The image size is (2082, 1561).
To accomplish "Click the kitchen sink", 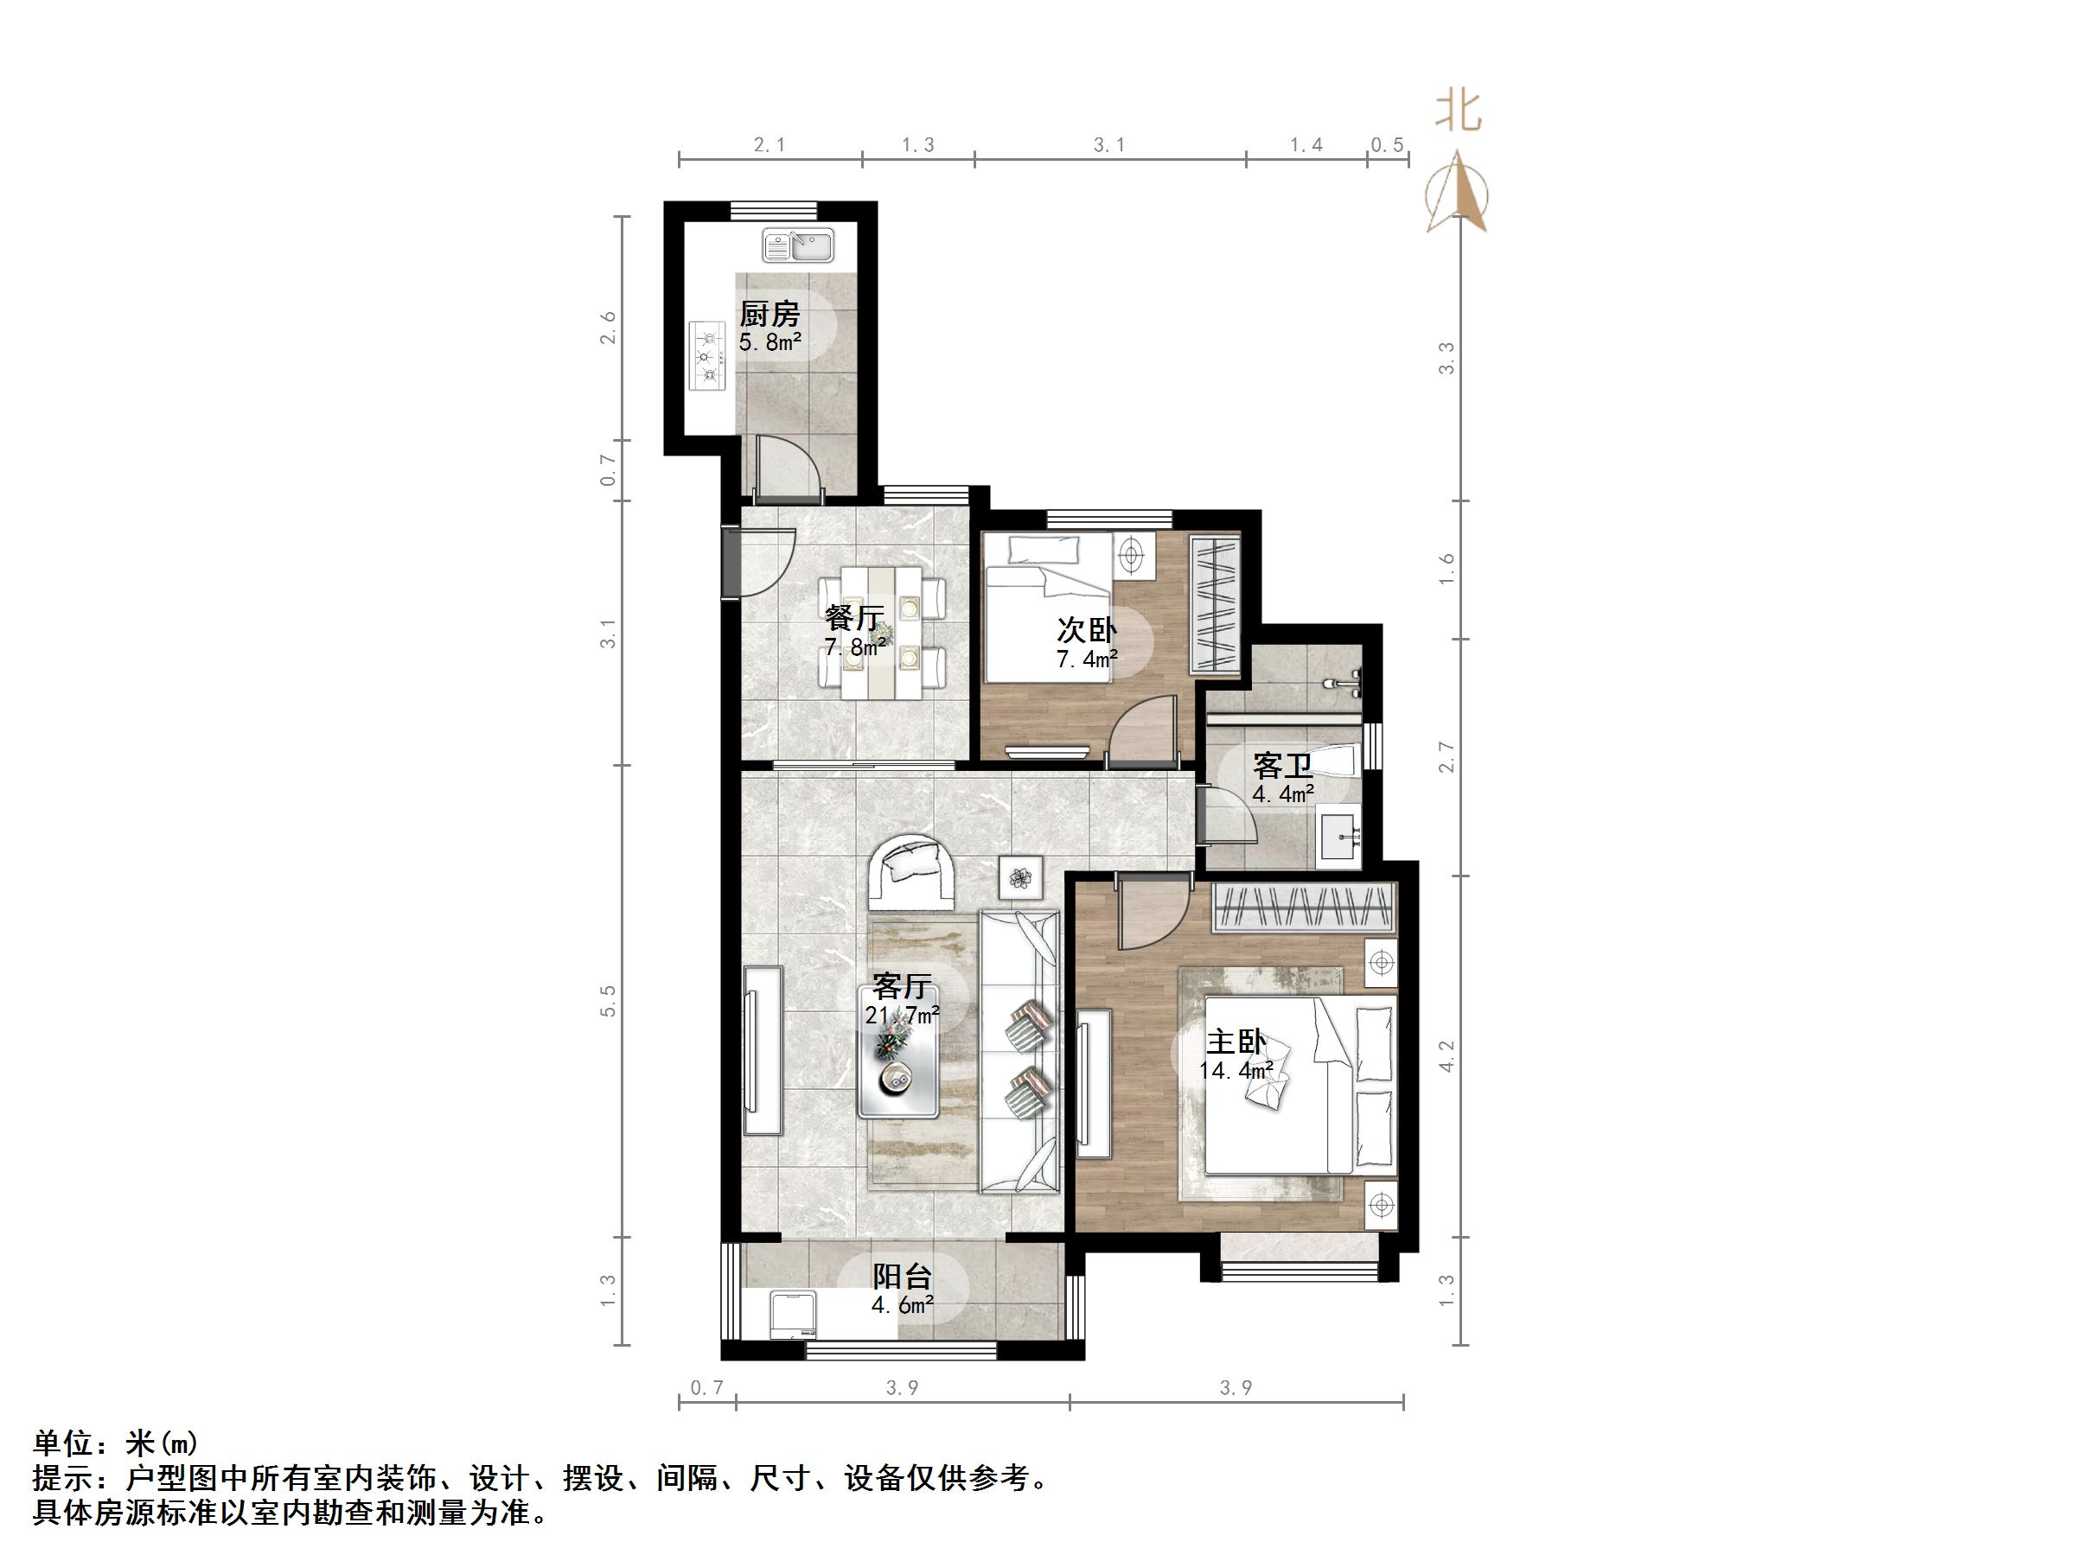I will click(798, 247).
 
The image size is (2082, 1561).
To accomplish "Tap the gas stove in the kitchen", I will click(708, 355).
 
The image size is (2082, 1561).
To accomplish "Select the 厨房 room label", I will click(769, 314).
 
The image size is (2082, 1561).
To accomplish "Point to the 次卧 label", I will click(1086, 629).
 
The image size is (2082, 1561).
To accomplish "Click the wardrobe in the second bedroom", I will click(1214, 604).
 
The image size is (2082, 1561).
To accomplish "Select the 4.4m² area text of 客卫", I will click(1283, 794).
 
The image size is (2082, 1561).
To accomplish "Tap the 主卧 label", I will click(1236, 1042).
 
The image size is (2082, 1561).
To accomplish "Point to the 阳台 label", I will click(902, 1277).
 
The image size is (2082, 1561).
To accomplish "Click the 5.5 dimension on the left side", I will click(608, 1001).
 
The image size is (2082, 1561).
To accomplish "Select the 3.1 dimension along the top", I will click(1108, 146).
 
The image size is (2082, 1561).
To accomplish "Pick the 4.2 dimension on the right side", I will click(1447, 1055).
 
